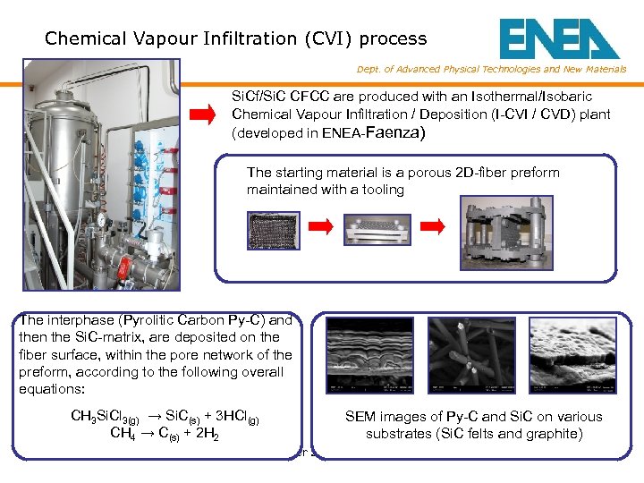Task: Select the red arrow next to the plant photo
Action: point(204,114)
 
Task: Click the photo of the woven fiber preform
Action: point(273,229)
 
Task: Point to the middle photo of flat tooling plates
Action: point(380,228)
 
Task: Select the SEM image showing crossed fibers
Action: point(470,356)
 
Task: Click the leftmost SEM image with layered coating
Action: point(369,356)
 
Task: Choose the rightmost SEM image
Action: point(566,356)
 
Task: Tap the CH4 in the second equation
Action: point(123,435)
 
